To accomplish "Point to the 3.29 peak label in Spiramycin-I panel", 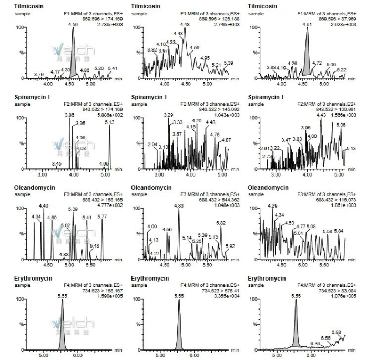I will pos(168,115).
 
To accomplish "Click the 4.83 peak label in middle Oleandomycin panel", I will pos(179,206).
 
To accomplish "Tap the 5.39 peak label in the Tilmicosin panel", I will pos(228,64).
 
